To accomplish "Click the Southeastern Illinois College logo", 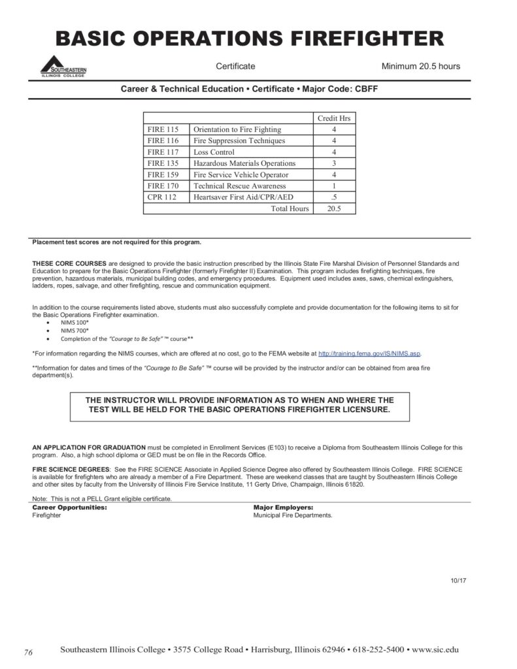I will pyautogui.click(x=63, y=66).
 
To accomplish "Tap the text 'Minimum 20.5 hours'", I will pyautogui.click(x=420, y=67).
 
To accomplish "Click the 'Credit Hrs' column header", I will pyautogui.click(x=333, y=118).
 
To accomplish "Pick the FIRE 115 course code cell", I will pyautogui.click(x=163, y=129).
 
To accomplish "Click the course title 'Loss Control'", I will pyautogui.click(x=214, y=152).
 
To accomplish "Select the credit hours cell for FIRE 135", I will pyautogui.click(x=333, y=163).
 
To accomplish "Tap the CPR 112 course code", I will pyautogui.click(x=162, y=197).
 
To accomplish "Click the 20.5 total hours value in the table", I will pyautogui.click(x=333, y=209).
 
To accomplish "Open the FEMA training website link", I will pyautogui.click(x=369, y=353).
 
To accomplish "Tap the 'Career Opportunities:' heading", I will pyautogui.click(x=70, y=507).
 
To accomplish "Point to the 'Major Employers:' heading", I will pyautogui.click(x=283, y=507).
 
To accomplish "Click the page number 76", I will pyautogui.click(x=28, y=653).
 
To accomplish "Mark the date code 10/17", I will pyautogui.click(x=458, y=580).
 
